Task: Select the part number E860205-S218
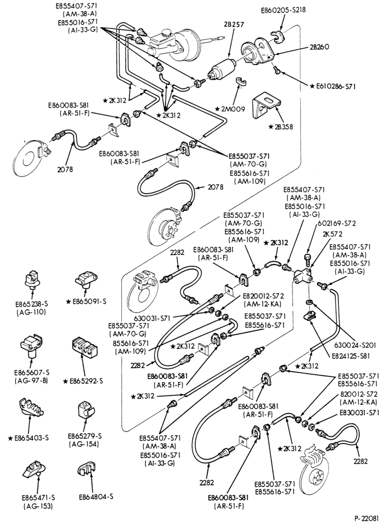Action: pyautogui.click(x=283, y=10)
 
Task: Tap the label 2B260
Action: pyautogui.click(x=320, y=47)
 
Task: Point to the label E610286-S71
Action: pyautogui.click(x=333, y=86)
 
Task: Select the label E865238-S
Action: pyautogui.click(x=32, y=304)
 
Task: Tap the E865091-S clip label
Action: pyautogui.click(x=86, y=301)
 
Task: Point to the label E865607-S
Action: pyautogui.click(x=32, y=372)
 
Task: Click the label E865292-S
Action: pyautogui.click(x=83, y=381)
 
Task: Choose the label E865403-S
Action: pyautogui.click(x=28, y=438)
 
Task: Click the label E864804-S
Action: pyautogui.click(x=96, y=497)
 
